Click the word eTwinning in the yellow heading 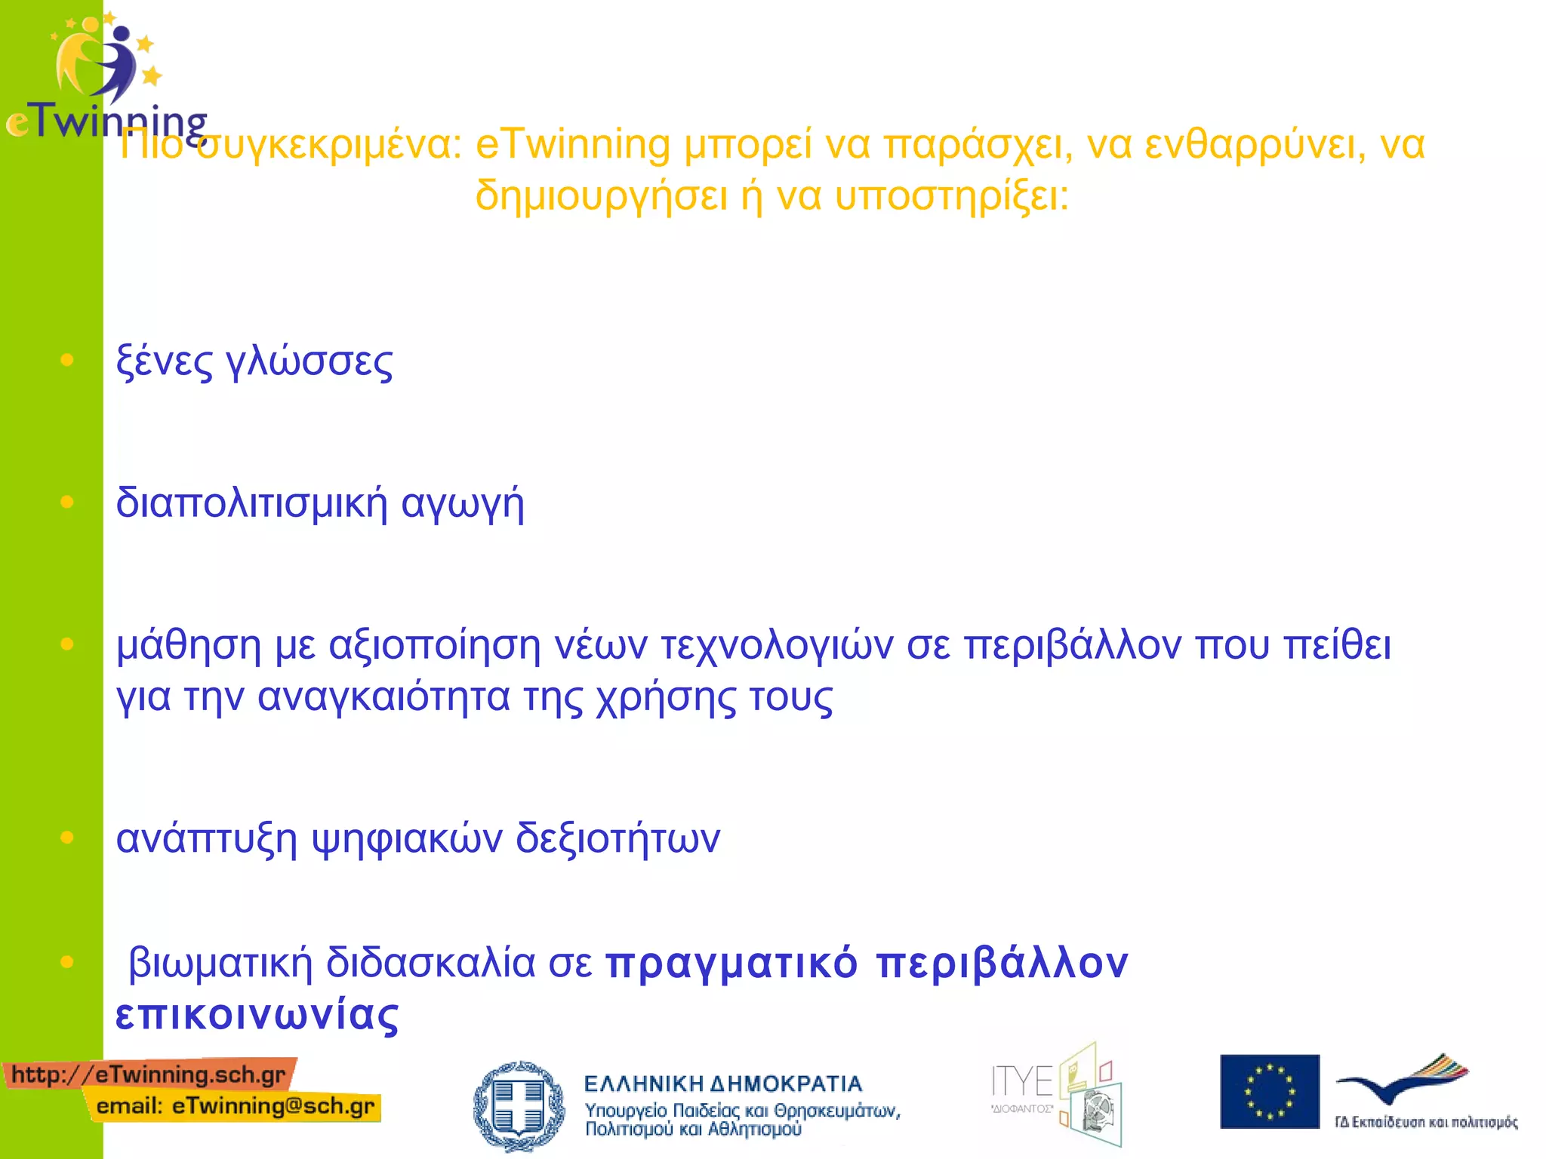pyautogui.click(x=572, y=145)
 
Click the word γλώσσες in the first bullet pyautogui.click(x=310, y=363)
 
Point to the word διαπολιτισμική pyautogui.click(x=251, y=503)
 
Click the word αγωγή pyautogui.click(x=462, y=505)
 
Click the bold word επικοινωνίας pyautogui.click(x=257, y=1016)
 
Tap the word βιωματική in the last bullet pyautogui.click(x=220, y=964)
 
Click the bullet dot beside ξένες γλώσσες pyautogui.click(x=67, y=361)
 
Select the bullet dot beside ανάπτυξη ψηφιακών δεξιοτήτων pyautogui.click(x=67, y=838)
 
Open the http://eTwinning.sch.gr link pyautogui.click(x=149, y=1074)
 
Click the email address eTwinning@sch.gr pyautogui.click(x=273, y=1107)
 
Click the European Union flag pyautogui.click(x=1270, y=1092)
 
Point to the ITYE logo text pyautogui.click(x=1022, y=1082)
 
